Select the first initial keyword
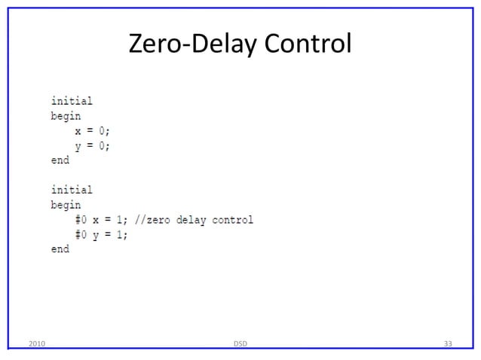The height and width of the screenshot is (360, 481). tap(72, 100)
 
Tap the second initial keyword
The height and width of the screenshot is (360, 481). tap(72, 190)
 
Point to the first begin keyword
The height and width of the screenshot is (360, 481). tap(66, 116)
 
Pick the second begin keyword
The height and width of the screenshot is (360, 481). tap(66, 205)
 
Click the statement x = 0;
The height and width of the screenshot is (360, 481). tap(92, 130)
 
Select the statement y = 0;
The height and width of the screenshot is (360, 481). tap(92, 145)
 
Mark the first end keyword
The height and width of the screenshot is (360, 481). tap(60, 160)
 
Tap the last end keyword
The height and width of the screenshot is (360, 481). tap(60, 249)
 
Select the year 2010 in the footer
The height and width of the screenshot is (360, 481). tap(35, 344)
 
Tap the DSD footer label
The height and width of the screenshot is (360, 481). tap(240, 344)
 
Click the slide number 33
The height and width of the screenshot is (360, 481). tap(448, 344)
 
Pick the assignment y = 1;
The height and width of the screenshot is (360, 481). tap(110, 234)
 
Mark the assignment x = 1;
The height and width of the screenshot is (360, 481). tap(110, 220)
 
